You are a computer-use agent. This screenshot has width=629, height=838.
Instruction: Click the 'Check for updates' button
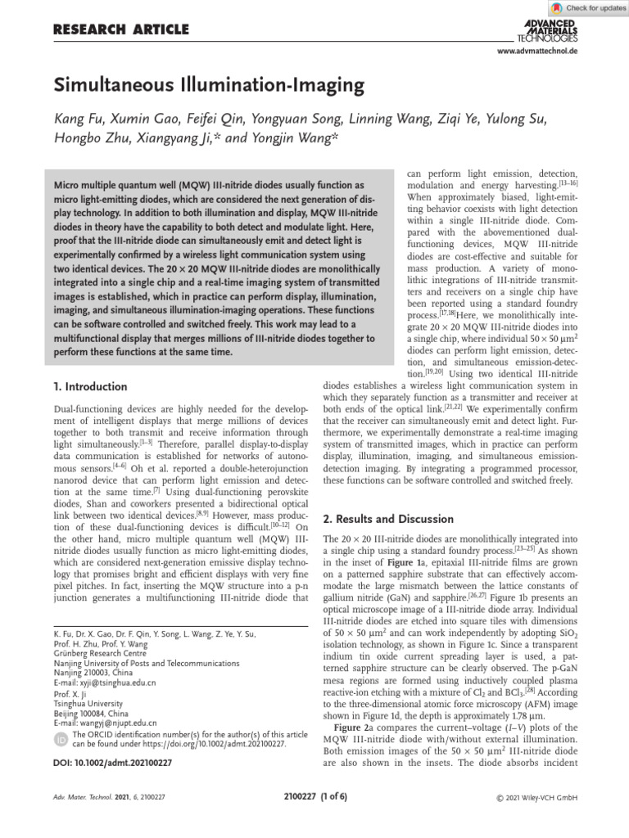tap(588, 7)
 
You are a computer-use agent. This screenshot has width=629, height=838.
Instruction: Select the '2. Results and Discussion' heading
tap(388, 519)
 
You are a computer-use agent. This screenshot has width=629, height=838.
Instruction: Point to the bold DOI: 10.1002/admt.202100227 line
tap(112, 763)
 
